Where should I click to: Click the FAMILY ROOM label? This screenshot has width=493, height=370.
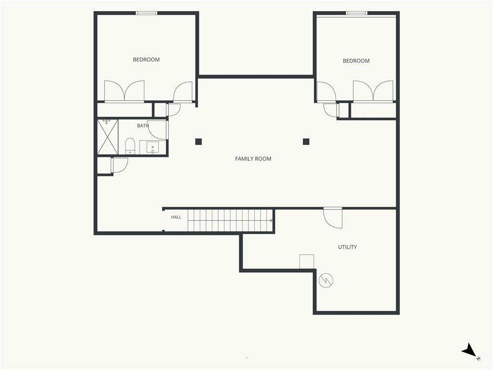[x=253, y=159]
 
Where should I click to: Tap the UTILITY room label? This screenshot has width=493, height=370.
[x=348, y=247]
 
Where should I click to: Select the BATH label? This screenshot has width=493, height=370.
[x=143, y=126]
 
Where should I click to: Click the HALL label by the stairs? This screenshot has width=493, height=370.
[x=176, y=217]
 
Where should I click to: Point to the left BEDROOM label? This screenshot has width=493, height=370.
[x=146, y=59]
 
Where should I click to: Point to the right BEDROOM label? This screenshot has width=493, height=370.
[x=356, y=61]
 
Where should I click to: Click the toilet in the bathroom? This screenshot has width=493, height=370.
[x=130, y=146]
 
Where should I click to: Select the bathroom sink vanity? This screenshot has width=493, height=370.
[x=153, y=147]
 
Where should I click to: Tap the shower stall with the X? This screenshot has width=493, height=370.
[x=108, y=137]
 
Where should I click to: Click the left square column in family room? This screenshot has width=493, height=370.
[x=198, y=142]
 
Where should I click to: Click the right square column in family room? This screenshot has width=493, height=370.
[x=306, y=142]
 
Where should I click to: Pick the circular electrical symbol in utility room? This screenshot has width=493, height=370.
[x=326, y=280]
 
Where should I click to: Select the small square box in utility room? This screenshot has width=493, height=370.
[x=307, y=262]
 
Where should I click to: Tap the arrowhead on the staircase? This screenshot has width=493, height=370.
[x=271, y=221]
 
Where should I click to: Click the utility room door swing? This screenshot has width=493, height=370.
[x=333, y=218]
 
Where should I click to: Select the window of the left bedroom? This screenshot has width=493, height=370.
[x=146, y=13]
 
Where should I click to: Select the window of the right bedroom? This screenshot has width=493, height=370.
[x=357, y=13]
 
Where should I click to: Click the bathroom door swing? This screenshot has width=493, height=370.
[x=158, y=130]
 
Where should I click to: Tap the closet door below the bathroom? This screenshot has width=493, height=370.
[x=119, y=165]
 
